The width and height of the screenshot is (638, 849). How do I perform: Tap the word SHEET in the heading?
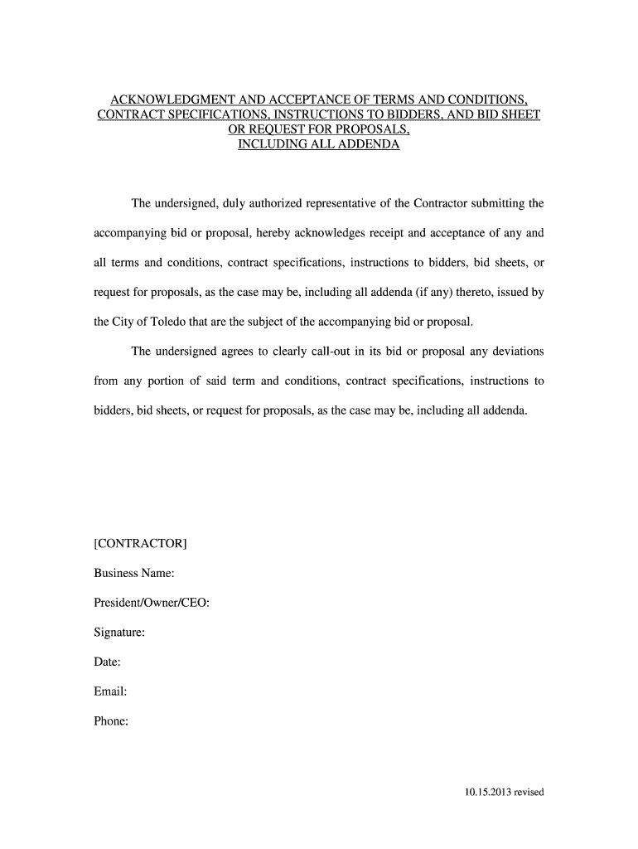tap(520, 114)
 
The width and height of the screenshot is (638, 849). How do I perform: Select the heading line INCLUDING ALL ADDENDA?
tap(319, 144)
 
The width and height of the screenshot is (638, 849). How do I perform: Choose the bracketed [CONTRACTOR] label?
tap(140, 543)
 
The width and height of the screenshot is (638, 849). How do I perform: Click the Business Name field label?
tap(133, 573)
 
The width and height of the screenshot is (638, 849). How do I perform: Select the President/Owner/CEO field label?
tap(152, 603)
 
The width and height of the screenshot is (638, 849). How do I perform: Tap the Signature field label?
tap(119, 633)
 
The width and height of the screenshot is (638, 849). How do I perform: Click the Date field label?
tap(108, 662)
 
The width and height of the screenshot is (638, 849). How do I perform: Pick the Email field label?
tap(110, 691)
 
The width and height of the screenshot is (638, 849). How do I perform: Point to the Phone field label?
tap(111, 721)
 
